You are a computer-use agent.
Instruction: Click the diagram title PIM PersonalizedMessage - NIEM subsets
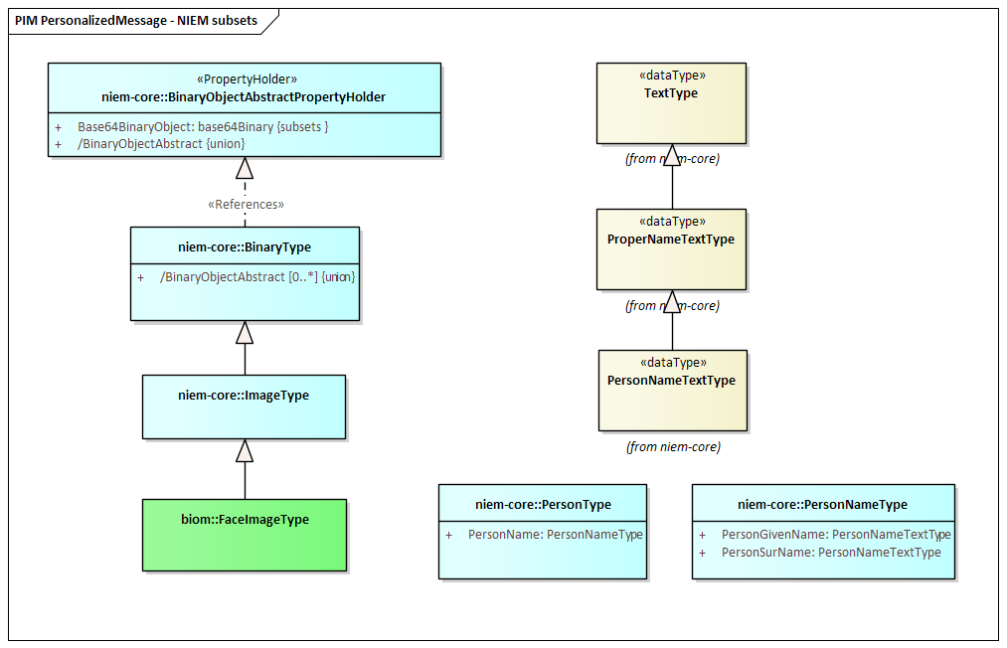pyautogui.click(x=136, y=21)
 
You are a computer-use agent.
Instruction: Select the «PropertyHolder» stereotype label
pyautogui.click(x=247, y=79)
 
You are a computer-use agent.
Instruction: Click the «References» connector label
pyautogui.click(x=246, y=204)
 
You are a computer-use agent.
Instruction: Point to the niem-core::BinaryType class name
pyautogui.click(x=245, y=247)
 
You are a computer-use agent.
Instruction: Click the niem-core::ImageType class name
pyautogui.click(x=244, y=396)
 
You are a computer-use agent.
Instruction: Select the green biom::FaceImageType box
pyautogui.click(x=245, y=535)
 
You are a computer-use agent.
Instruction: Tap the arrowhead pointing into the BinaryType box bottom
pyautogui.click(x=245, y=332)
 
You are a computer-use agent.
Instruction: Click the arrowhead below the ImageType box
pyautogui.click(x=245, y=451)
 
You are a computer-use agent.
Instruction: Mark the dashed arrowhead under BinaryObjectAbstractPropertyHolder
pyautogui.click(x=245, y=168)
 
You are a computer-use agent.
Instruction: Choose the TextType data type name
pyautogui.click(x=671, y=93)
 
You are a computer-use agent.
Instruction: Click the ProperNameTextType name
pyautogui.click(x=671, y=240)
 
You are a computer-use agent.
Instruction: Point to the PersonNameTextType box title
pyautogui.click(x=672, y=381)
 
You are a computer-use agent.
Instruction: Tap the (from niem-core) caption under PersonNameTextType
pyautogui.click(x=674, y=447)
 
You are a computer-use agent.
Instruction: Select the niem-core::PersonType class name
pyautogui.click(x=544, y=505)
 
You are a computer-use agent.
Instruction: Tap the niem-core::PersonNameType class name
pyautogui.click(x=823, y=505)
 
